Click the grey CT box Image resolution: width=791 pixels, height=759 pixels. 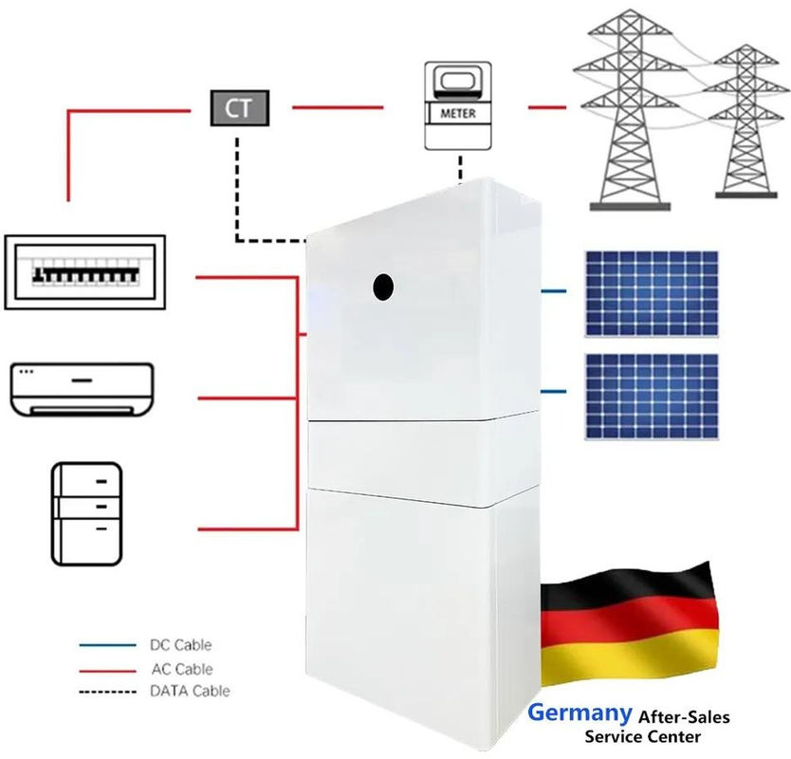(240, 108)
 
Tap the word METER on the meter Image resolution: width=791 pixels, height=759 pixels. (458, 114)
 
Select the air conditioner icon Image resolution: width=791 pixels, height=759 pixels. (82, 390)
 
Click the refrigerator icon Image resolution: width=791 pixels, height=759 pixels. (86, 513)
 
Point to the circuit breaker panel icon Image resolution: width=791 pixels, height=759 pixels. (84, 272)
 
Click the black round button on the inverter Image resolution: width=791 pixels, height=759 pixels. (383, 287)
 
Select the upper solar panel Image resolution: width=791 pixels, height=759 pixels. (652, 294)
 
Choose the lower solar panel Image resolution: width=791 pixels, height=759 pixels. (652, 397)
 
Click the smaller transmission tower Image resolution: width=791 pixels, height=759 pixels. (745, 121)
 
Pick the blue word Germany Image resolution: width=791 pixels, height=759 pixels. (579, 713)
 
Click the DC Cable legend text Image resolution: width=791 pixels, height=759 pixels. (180, 645)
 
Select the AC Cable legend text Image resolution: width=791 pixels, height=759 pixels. (182, 669)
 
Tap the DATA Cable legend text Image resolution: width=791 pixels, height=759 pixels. (191, 691)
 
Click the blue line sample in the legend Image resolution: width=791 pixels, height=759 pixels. (107, 645)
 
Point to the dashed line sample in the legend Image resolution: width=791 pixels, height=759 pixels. (107, 692)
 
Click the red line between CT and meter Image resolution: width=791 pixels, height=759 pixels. (338, 107)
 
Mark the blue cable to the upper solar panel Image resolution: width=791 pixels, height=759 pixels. (553, 291)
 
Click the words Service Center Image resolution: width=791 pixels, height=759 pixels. (643, 737)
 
